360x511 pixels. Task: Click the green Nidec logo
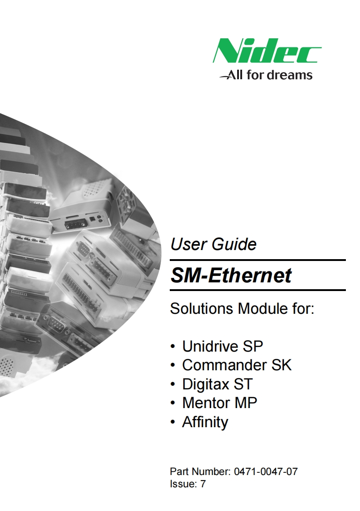(x=267, y=51)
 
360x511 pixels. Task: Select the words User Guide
(x=213, y=245)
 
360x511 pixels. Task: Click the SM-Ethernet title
(x=231, y=276)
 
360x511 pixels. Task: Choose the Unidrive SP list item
(x=223, y=346)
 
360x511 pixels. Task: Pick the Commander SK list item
(x=237, y=365)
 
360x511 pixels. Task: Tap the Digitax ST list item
(x=217, y=384)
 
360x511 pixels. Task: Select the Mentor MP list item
(x=219, y=403)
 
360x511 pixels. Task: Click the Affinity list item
(x=205, y=422)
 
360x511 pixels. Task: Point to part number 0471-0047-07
(x=266, y=471)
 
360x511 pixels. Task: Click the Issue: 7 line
(x=188, y=484)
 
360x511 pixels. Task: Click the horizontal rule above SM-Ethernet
(x=258, y=260)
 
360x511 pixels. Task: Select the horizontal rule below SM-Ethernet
(x=258, y=290)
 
